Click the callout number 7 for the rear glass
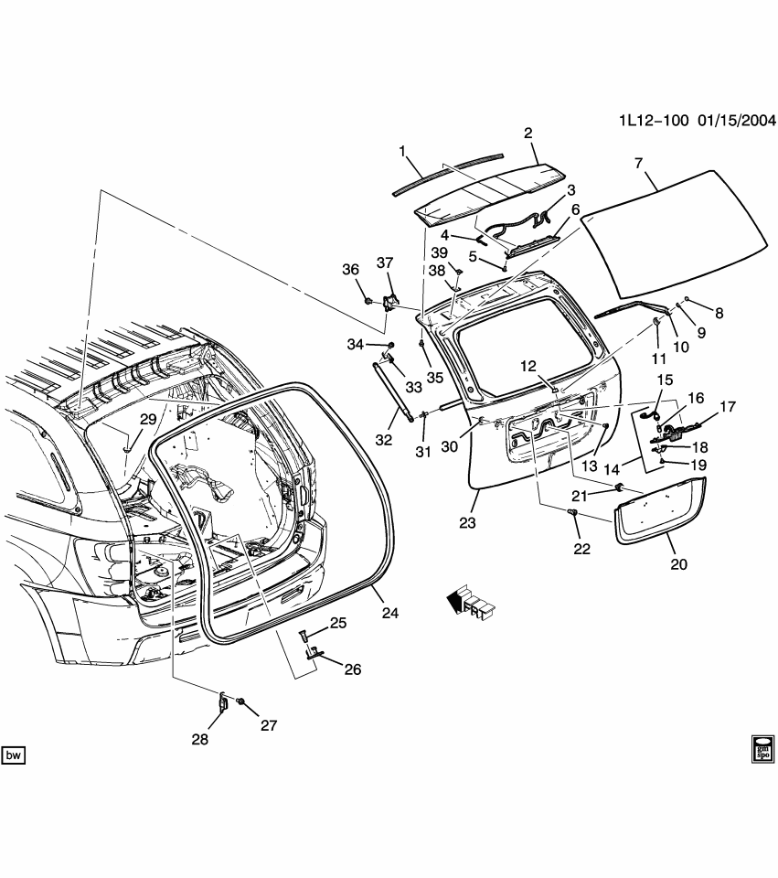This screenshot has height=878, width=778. coord(639,165)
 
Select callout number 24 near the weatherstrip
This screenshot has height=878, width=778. coord(389,614)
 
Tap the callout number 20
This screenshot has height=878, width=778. coord(677,564)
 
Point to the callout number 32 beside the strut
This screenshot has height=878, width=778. coord(384,441)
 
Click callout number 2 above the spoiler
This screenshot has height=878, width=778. coord(528,134)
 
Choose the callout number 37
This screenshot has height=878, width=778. coord(385,263)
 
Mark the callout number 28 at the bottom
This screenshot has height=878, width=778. coord(200,739)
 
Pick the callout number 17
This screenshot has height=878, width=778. coord(728,407)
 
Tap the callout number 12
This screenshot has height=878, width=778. coord(528,366)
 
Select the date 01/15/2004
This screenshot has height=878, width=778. coord(738,121)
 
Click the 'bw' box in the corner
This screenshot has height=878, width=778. coord(14,755)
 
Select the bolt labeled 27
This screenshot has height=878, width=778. coord(240,701)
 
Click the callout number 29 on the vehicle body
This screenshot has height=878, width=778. coord(148,419)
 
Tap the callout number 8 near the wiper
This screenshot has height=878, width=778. coord(719,314)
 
